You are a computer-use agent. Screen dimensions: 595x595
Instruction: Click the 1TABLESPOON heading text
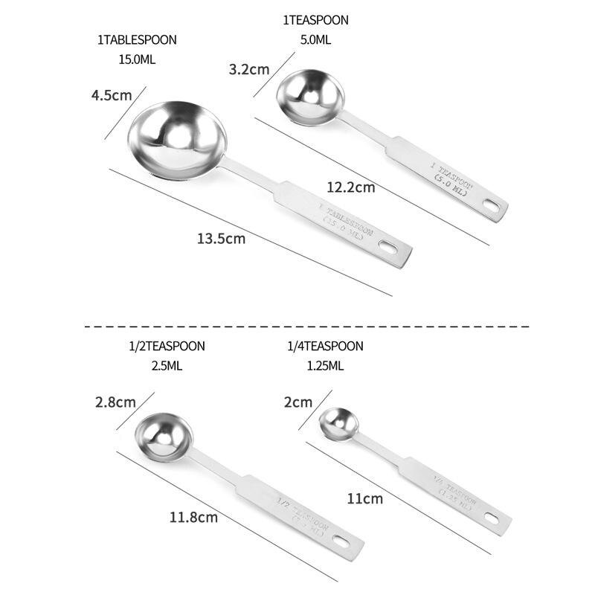click(x=137, y=40)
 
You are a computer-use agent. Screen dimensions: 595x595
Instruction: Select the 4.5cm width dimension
click(x=111, y=95)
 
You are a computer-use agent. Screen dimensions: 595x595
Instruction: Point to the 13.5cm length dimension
click(x=221, y=239)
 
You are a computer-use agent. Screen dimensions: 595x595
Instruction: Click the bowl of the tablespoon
click(x=177, y=138)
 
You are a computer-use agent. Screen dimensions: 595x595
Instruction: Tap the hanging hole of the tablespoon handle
click(x=389, y=245)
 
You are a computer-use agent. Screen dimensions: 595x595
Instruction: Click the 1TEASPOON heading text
click(x=315, y=20)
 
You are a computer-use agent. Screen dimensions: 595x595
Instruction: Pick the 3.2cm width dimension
click(x=248, y=69)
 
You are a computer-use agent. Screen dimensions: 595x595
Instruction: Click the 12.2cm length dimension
click(x=350, y=187)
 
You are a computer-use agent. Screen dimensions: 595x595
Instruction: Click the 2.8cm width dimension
click(x=115, y=402)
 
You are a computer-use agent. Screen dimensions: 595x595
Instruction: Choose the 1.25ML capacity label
click(x=325, y=365)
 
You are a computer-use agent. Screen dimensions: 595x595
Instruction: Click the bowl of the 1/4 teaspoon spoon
click(x=339, y=423)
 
